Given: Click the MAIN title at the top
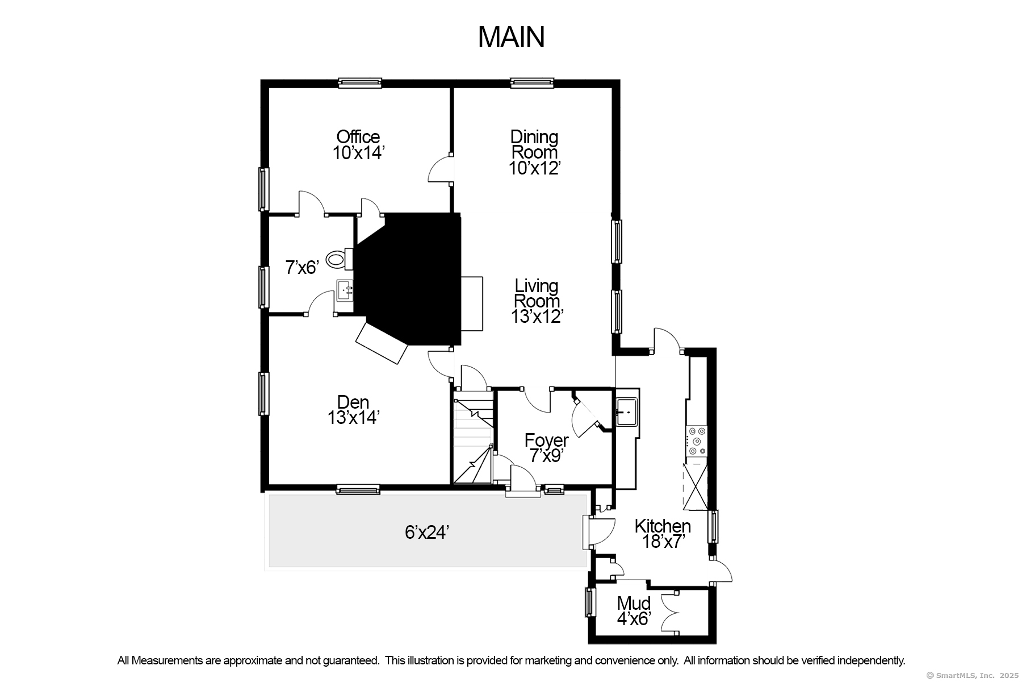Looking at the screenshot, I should (x=511, y=37).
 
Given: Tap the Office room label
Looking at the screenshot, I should (x=358, y=136).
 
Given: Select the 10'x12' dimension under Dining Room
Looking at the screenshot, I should (x=535, y=168).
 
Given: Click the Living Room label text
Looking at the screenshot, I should (x=537, y=293).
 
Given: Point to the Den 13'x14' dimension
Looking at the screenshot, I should (x=353, y=418).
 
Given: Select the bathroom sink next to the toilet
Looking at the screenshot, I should (x=345, y=292).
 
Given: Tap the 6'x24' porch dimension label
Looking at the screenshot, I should (x=427, y=532).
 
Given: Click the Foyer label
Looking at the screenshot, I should (x=546, y=440).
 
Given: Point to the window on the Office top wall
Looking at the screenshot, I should (x=359, y=83).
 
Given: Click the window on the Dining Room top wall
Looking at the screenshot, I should (x=531, y=83).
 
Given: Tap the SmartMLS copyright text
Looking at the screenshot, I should (x=972, y=676).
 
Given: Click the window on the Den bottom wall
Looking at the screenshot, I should (x=358, y=489).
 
